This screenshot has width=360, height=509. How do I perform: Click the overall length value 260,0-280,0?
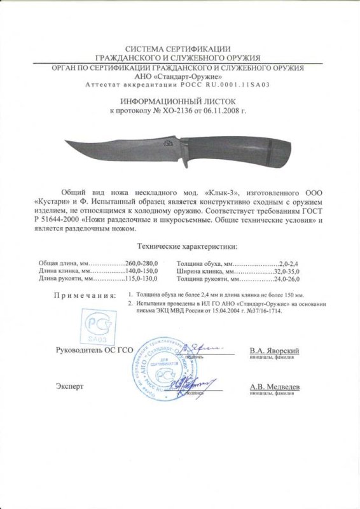pyautogui.click(x=141, y=262)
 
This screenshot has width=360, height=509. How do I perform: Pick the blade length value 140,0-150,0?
pyautogui.click(x=141, y=270)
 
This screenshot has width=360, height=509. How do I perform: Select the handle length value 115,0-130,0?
pyautogui.click(x=141, y=279)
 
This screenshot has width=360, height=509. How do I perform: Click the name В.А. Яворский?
pyautogui.click(x=275, y=351)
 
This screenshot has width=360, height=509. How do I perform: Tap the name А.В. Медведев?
pyautogui.click(x=275, y=386)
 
